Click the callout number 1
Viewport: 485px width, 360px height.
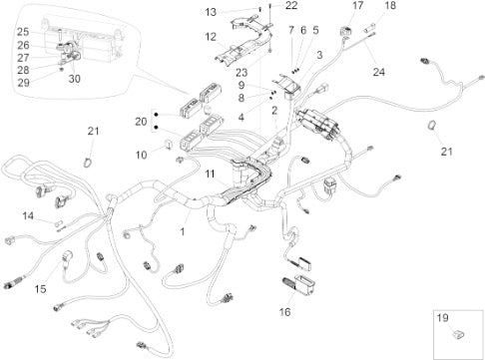point(183,231)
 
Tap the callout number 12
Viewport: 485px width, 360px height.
point(211,37)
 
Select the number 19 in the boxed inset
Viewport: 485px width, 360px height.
point(442,318)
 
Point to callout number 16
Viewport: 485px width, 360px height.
point(284,312)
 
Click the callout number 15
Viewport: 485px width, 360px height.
point(40,289)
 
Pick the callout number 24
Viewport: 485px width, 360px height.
point(378,72)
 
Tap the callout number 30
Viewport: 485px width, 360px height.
point(75,79)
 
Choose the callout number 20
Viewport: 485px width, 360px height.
point(141,122)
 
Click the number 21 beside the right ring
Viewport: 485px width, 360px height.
point(447,152)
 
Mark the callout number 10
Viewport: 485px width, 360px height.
point(141,155)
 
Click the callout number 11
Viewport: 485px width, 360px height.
point(210,174)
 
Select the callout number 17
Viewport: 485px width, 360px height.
point(357,6)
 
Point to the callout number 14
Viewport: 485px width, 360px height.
point(28,216)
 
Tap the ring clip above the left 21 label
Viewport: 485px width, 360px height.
point(87,163)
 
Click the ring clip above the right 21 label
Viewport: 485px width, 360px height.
point(432,126)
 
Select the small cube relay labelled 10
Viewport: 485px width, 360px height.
point(169,145)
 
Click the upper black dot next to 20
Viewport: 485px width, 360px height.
point(156,115)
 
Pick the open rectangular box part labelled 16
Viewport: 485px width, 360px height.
point(305,284)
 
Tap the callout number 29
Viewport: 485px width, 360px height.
point(23,83)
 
